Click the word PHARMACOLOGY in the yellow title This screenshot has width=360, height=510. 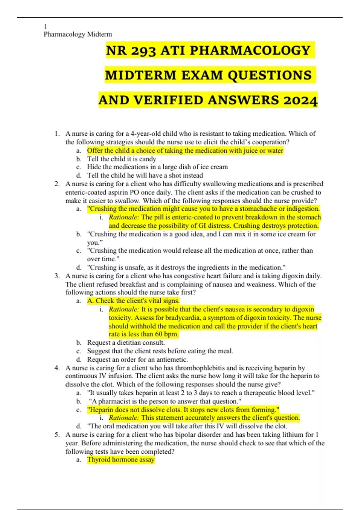pyautogui.click(x=250, y=50)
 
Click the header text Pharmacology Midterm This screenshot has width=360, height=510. pyautogui.click(x=78, y=34)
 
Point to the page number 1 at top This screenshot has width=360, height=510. pyautogui.click(x=45, y=26)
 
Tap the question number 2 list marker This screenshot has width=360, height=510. pyautogui.click(x=57, y=184)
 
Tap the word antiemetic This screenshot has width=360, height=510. pyautogui.click(x=172, y=359)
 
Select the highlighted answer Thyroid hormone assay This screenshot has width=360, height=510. pyautogui.click(x=121, y=460)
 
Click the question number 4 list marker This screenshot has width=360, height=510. pyautogui.click(x=57, y=368)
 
